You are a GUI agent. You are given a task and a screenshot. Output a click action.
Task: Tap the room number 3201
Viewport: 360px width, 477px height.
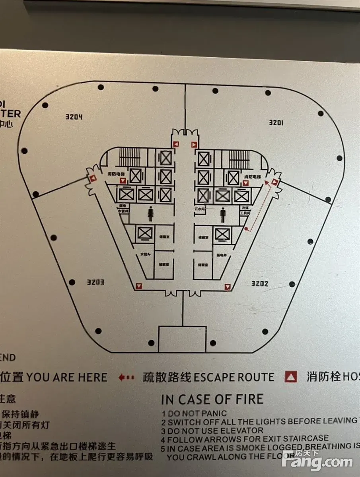[x=276, y=122]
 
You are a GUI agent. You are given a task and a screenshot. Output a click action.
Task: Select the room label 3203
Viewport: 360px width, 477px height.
[x=96, y=282]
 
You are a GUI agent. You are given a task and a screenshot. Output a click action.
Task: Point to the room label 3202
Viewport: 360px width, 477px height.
[x=260, y=283]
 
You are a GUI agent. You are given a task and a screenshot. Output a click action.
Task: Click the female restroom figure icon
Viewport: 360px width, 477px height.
[x=151, y=215]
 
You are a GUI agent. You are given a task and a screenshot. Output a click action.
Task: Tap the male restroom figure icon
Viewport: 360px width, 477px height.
[x=223, y=216]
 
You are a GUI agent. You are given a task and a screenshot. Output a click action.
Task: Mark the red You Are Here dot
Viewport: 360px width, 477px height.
[x=247, y=229]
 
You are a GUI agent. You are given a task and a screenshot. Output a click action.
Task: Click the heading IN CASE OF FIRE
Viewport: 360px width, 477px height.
[x=212, y=399]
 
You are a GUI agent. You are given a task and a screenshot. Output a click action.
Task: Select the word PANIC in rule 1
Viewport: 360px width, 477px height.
[x=213, y=413]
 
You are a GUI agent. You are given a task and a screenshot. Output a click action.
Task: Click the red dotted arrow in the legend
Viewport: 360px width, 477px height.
[x=127, y=377]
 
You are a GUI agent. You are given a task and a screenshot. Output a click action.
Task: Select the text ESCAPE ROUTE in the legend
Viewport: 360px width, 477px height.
[x=234, y=377]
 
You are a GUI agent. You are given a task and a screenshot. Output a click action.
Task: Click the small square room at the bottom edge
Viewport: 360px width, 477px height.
[x=183, y=339]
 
